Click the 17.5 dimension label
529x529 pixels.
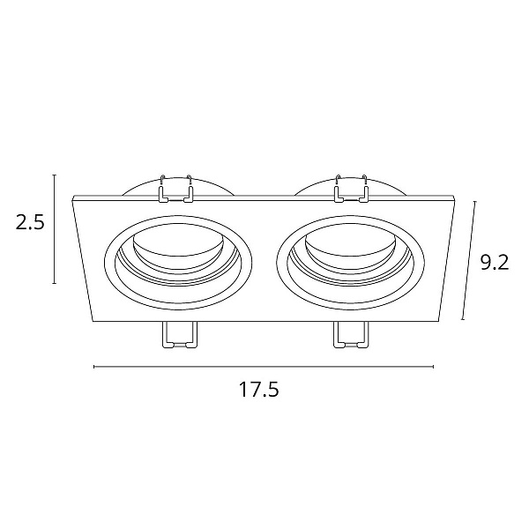coord(259,390)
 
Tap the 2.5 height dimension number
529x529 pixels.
coord(30,222)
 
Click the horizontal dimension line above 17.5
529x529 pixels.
coord(264,367)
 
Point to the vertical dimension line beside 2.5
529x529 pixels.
coord(55,229)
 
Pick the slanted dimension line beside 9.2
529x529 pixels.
coord(469,260)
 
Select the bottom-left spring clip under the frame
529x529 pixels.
coord(180,335)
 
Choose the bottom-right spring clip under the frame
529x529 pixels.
coord(351,335)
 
